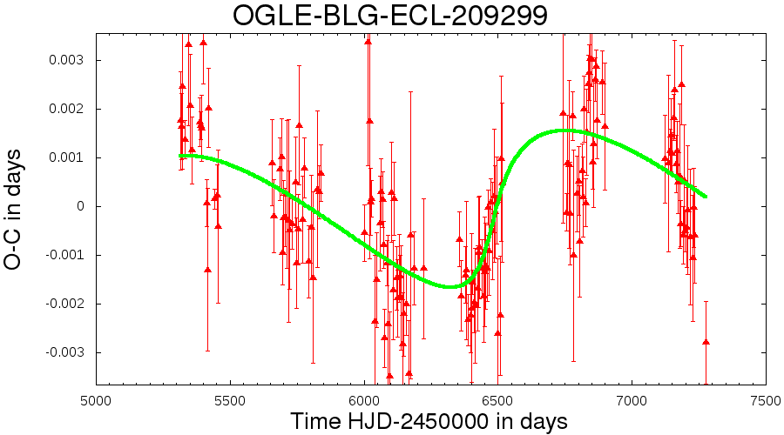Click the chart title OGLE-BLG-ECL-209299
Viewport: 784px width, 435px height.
pos(390,15)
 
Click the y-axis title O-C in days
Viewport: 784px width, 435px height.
pos(12,210)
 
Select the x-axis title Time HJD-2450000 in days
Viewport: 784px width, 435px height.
pos(429,421)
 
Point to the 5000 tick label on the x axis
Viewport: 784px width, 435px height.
pos(96,401)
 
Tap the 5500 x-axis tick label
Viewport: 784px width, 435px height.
pos(230,401)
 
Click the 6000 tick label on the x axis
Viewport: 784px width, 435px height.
pos(364,401)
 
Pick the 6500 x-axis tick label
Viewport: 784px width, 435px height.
pos(498,401)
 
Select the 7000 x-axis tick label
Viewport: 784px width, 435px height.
pos(632,401)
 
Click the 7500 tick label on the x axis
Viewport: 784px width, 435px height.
pos(766,401)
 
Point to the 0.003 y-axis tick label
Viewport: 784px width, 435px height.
pos(67,60)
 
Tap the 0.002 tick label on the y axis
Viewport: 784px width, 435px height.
pos(67,109)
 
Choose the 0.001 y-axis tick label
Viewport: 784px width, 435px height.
pos(67,157)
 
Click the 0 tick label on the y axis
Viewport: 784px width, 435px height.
pos(81,206)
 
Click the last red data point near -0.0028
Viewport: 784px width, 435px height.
pos(706,342)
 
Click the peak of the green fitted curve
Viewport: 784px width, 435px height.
pos(563,130)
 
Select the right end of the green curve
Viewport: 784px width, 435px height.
pos(706,197)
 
